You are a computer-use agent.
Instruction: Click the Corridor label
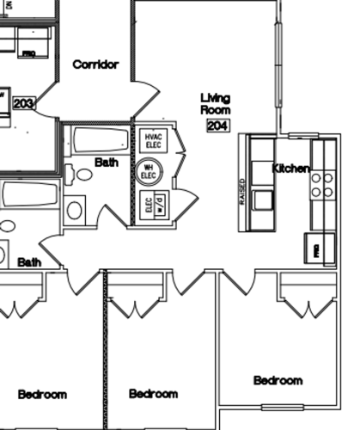pos(95,64)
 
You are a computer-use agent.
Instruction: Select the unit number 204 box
pos(218,126)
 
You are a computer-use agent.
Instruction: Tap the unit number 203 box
pos(24,104)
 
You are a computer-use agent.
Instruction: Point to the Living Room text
pos(216,104)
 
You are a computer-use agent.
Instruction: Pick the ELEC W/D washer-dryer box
pos(155,205)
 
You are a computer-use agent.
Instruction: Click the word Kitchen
pos(290,169)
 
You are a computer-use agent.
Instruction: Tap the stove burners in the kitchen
pos(322,185)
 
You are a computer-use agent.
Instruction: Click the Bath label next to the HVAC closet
pos(107,162)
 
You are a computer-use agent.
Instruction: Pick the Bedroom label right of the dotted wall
pos(153,394)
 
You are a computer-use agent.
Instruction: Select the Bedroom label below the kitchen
pos(278,380)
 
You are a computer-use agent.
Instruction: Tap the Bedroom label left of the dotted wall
pos(42,395)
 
